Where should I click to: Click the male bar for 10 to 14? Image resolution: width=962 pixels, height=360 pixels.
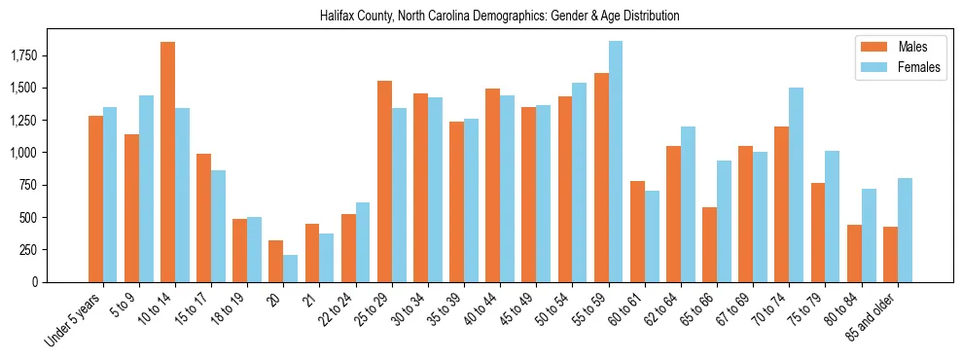[x=167, y=162]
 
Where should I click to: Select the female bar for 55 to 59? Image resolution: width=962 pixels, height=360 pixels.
[x=616, y=162]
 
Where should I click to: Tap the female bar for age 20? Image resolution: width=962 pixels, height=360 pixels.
[x=291, y=269]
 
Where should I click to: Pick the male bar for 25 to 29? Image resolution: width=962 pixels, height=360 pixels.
[x=384, y=181]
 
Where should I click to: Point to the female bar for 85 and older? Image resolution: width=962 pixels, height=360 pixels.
[x=905, y=230]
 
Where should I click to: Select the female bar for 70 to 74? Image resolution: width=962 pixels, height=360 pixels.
[x=796, y=185]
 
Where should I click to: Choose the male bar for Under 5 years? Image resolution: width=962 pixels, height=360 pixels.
[x=95, y=198]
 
